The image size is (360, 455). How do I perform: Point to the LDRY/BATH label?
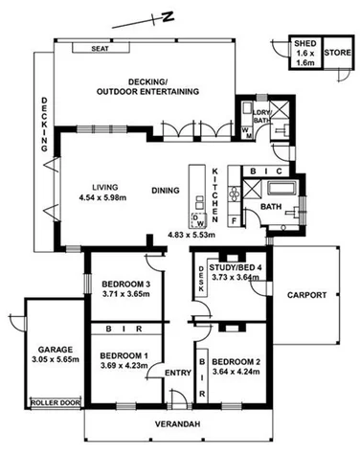[262, 117]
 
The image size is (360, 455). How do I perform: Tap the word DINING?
[166, 190]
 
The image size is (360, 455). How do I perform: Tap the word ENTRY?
[178, 373]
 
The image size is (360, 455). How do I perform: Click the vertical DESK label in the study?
[201, 279]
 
